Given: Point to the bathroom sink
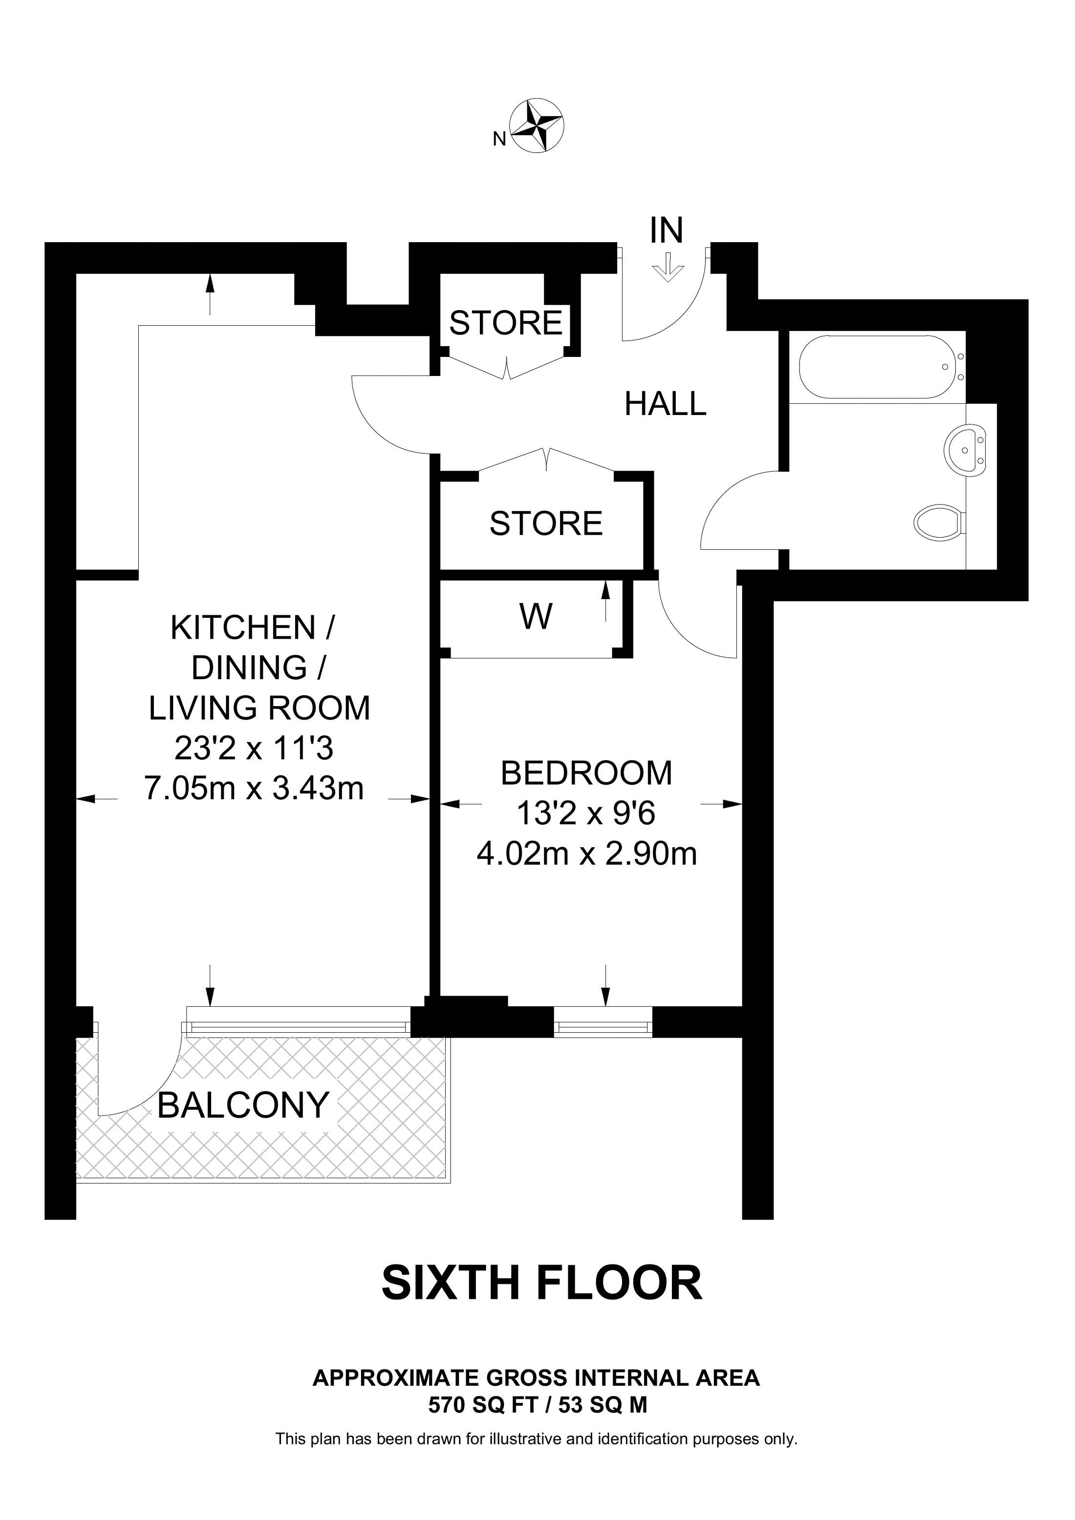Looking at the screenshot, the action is click(x=966, y=450).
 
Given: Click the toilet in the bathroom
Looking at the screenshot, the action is click(x=939, y=523).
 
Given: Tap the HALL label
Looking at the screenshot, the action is click(x=666, y=404).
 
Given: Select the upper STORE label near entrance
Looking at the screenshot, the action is click(x=506, y=323).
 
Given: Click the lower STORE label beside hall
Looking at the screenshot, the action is click(x=546, y=523).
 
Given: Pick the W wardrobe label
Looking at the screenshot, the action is click(x=536, y=617).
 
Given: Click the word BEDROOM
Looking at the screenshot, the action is click(x=586, y=773).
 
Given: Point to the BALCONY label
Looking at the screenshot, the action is click(x=243, y=1105).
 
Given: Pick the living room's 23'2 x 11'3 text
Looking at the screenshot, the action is click(x=254, y=748).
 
